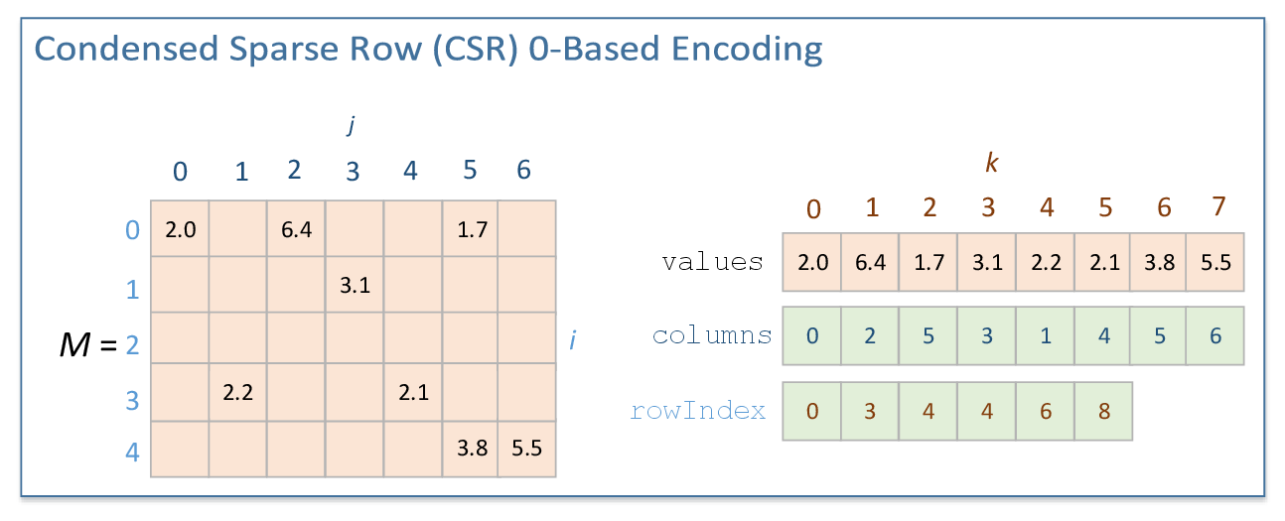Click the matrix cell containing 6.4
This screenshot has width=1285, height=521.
click(x=295, y=229)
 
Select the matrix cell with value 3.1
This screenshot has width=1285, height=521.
click(x=354, y=286)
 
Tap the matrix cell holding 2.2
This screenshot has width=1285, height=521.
click(x=237, y=393)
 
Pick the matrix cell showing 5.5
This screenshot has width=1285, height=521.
click(x=526, y=448)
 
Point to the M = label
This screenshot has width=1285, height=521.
click(x=88, y=344)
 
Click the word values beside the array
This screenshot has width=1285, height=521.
click(x=712, y=262)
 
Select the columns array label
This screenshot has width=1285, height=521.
click(x=712, y=335)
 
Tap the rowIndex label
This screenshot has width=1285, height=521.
click(x=698, y=410)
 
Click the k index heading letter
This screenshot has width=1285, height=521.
click(x=991, y=164)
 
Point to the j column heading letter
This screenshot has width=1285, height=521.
click(x=351, y=125)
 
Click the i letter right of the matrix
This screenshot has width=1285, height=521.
click(x=572, y=340)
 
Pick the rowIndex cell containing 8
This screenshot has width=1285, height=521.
click(x=1102, y=410)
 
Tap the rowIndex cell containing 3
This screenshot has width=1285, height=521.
click(x=870, y=410)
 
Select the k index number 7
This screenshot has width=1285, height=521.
click(x=1218, y=207)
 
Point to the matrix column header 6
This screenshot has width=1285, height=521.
click(x=523, y=170)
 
